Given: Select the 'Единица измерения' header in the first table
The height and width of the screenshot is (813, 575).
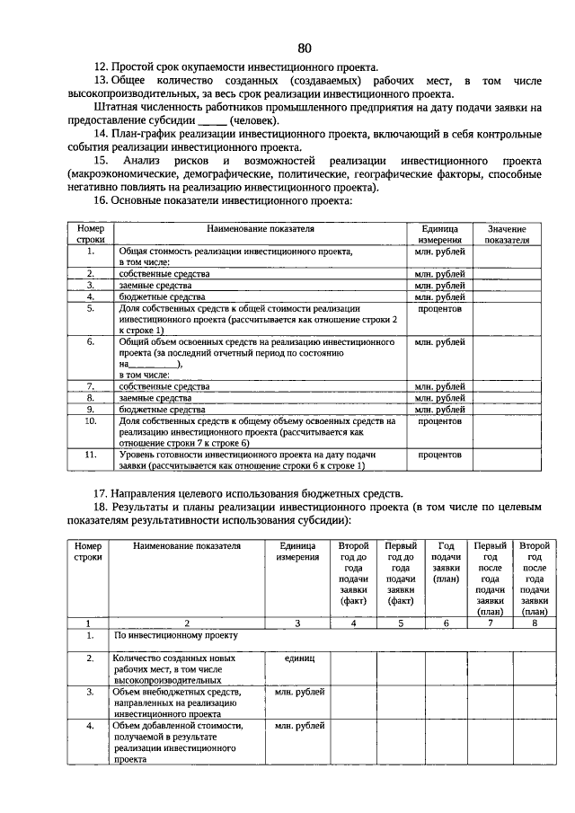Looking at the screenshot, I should tap(439, 234).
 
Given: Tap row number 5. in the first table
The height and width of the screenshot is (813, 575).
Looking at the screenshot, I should tap(91, 308).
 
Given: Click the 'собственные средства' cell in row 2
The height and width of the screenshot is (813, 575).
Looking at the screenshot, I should tap(164, 273).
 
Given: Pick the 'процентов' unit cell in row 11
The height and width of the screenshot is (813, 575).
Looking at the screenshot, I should tap(439, 455).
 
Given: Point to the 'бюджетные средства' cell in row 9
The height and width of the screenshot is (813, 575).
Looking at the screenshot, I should tap(163, 409).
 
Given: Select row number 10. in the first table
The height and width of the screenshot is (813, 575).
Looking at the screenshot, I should tap(91, 420).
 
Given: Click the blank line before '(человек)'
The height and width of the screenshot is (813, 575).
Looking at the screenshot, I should tap(212, 120).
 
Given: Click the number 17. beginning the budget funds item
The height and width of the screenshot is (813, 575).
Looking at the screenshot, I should tap(102, 493).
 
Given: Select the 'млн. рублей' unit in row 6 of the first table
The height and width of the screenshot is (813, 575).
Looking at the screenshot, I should tap(439, 342).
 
